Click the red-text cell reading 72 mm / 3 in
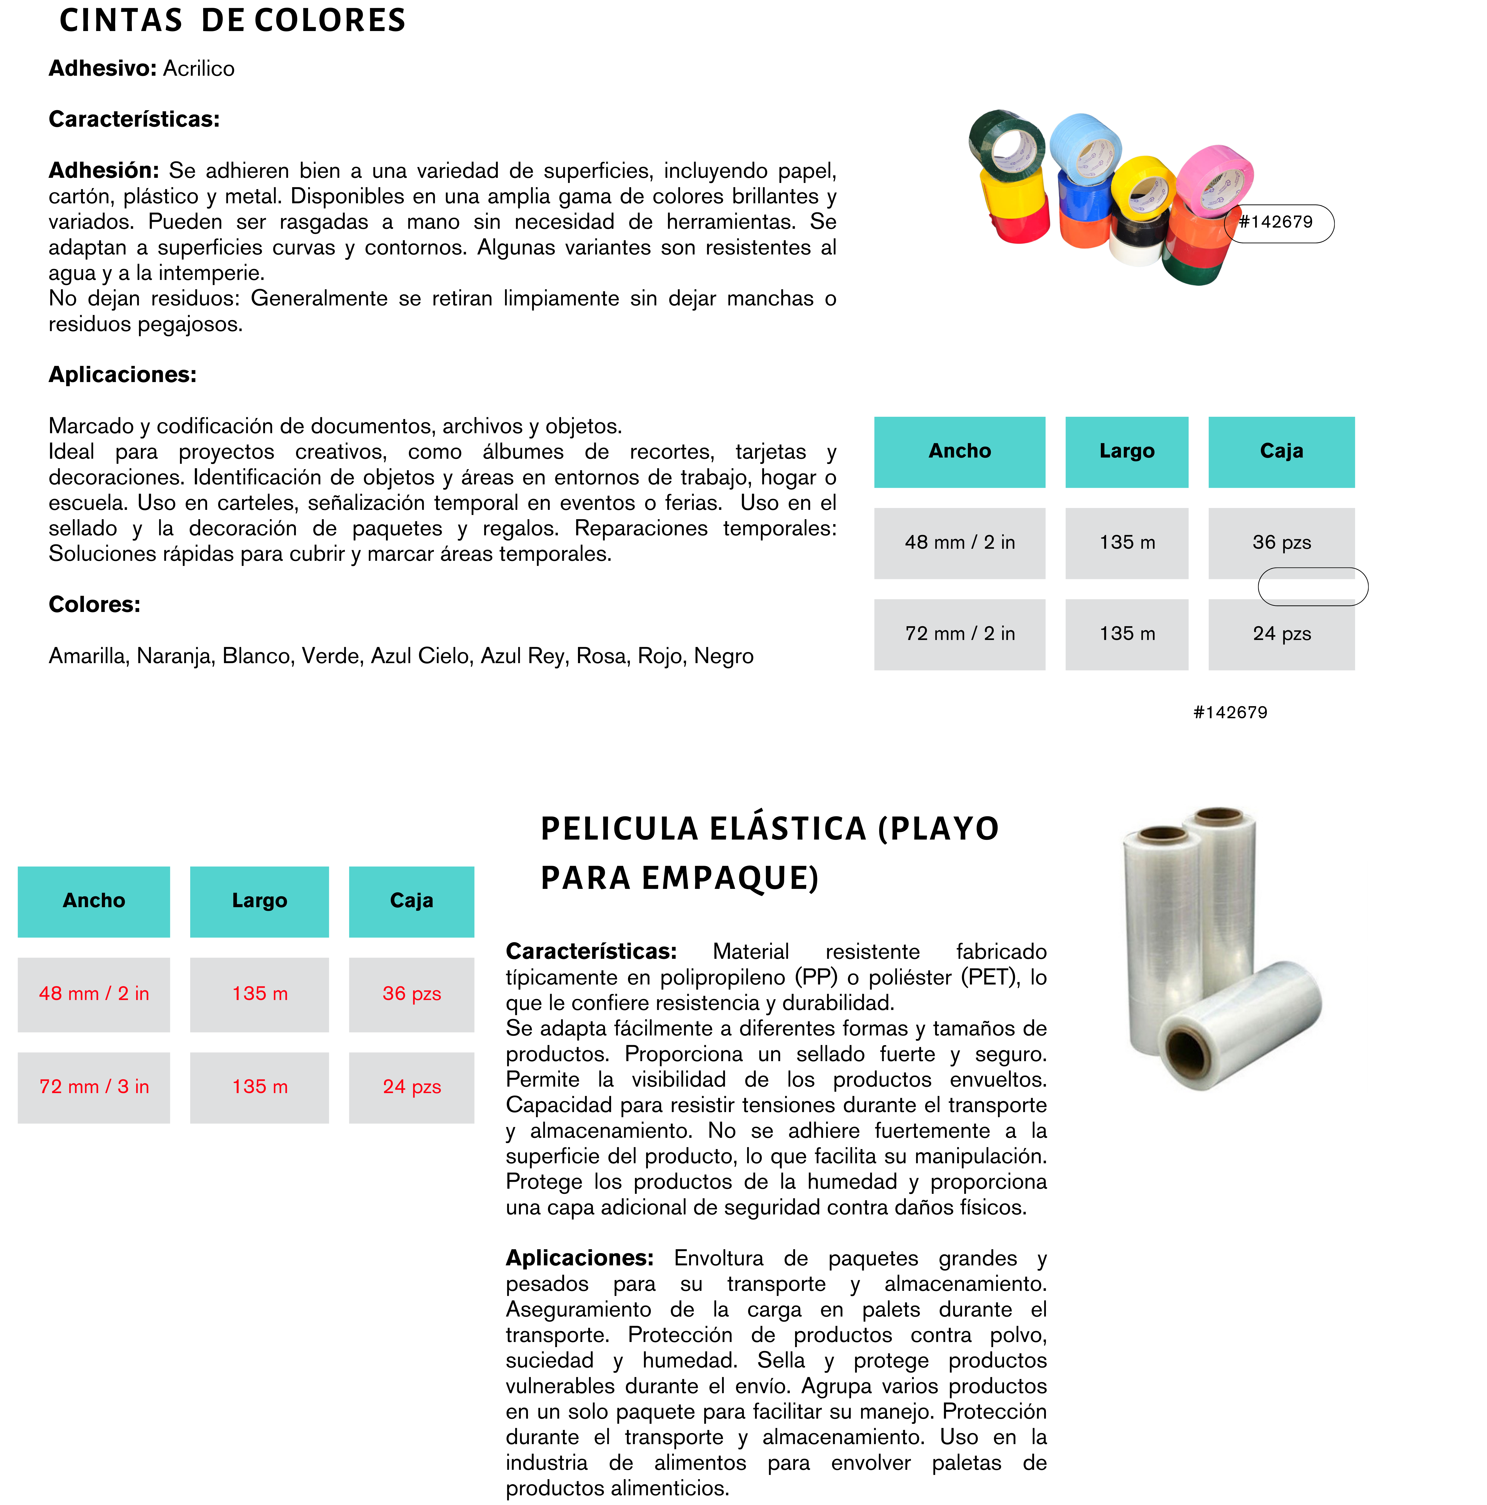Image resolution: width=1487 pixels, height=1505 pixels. click(94, 1087)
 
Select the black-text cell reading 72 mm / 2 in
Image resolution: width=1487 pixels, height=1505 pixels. click(959, 633)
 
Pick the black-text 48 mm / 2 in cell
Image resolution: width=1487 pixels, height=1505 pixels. click(959, 542)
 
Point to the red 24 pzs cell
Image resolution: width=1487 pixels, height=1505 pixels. click(411, 1087)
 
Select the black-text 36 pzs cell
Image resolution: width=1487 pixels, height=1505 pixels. click(1281, 542)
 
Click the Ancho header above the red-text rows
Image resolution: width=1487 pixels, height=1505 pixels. click(94, 900)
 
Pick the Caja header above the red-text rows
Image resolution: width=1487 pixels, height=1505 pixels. click(411, 900)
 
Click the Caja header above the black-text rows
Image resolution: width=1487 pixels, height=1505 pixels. click(1281, 451)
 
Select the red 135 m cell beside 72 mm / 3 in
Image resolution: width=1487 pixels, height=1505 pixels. click(259, 1087)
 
